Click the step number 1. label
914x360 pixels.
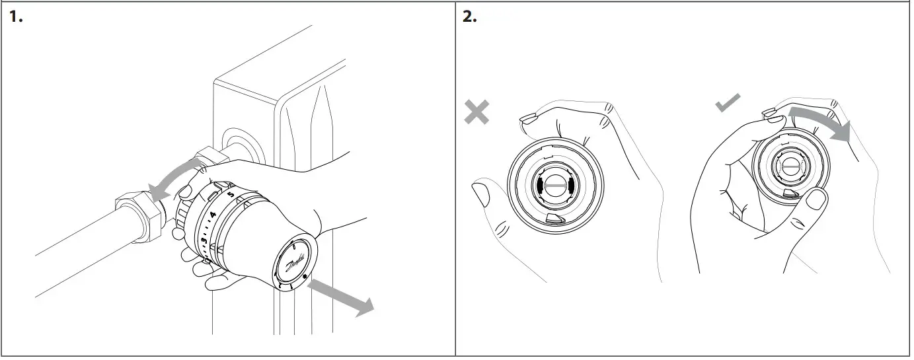point(16,17)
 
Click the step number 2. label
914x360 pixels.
point(469,17)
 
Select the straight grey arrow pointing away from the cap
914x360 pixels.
point(342,295)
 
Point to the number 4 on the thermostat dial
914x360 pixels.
point(213,215)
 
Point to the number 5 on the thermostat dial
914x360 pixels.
point(230,196)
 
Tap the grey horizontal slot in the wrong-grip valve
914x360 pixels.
point(553,187)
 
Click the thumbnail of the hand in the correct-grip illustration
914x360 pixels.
point(818,199)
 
